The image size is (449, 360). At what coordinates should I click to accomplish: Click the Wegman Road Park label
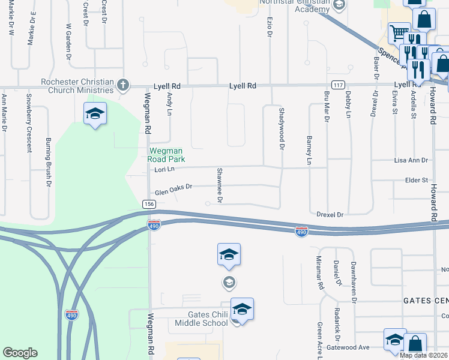click(x=166, y=155)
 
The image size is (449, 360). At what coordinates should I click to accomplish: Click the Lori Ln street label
click(x=164, y=170)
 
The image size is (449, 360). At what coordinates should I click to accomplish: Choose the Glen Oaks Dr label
click(x=173, y=189)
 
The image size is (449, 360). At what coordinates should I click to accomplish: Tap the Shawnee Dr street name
click(x=220, y=184)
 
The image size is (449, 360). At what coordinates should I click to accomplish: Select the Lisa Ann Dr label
click(x=411, y=160)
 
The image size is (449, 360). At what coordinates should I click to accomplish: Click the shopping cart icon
click(x=398, y=32)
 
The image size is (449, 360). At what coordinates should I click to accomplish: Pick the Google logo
click(x=20, y=352)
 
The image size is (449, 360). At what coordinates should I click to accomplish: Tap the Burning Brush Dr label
click(x=48, y=163)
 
